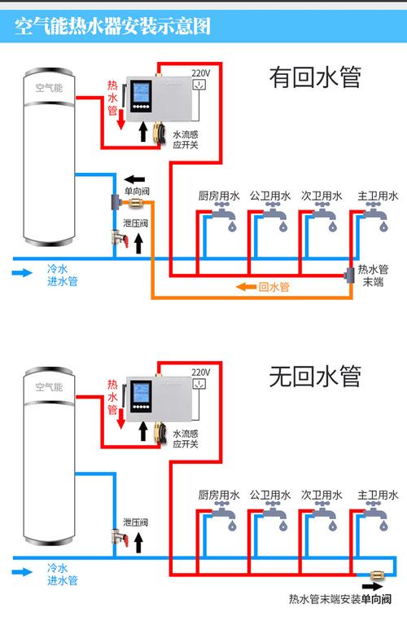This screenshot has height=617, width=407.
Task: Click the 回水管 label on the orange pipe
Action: [x=274, y=287]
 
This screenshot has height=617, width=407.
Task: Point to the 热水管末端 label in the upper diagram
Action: [x=374, y=275]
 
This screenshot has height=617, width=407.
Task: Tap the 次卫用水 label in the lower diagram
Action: [x=322, y=495]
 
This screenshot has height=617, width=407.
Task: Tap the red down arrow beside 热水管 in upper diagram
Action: [x=120, y=120]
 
